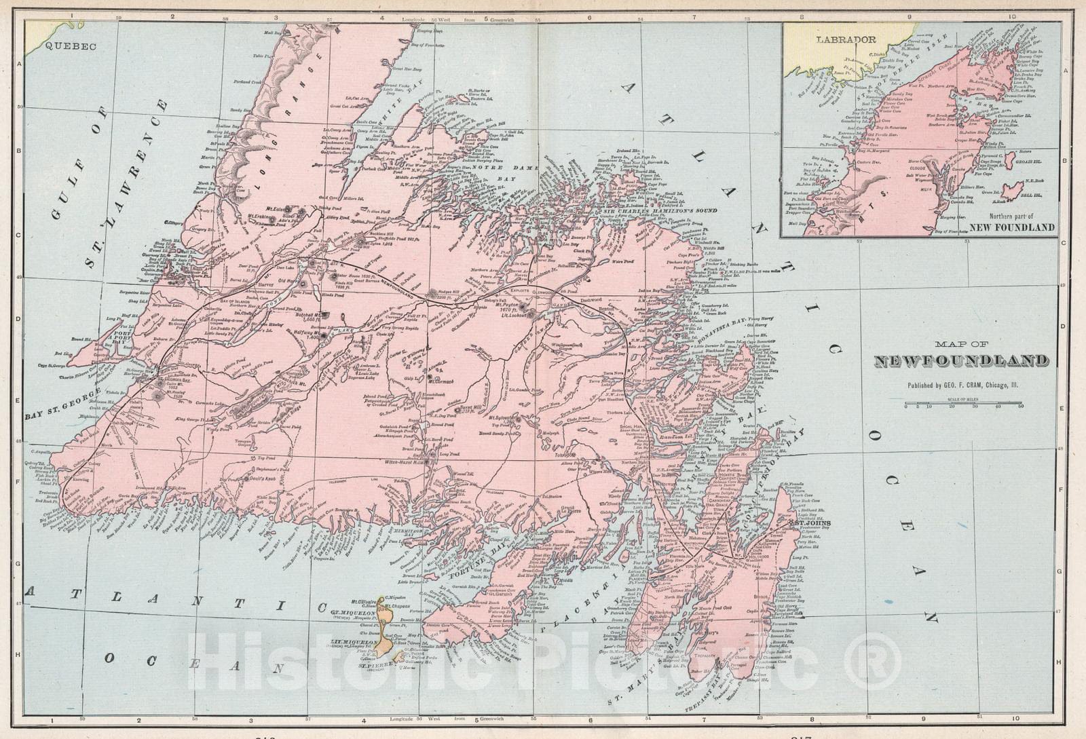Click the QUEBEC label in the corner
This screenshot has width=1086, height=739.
[71, 46]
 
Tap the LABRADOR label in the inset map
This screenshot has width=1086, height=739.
[846, 39]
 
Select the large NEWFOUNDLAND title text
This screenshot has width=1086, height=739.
[961, 361]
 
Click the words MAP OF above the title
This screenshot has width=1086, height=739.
[961, 344]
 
